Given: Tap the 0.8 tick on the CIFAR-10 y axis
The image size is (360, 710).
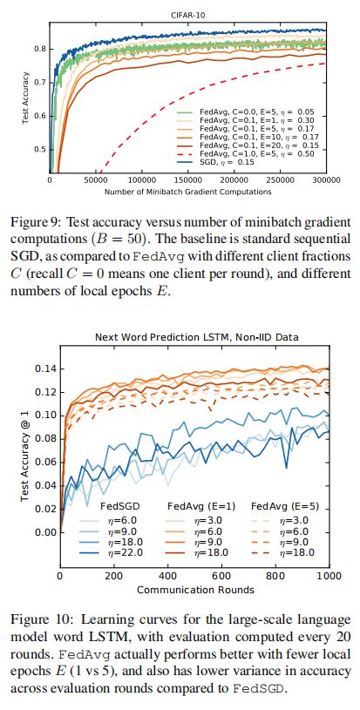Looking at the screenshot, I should (40, 49).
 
